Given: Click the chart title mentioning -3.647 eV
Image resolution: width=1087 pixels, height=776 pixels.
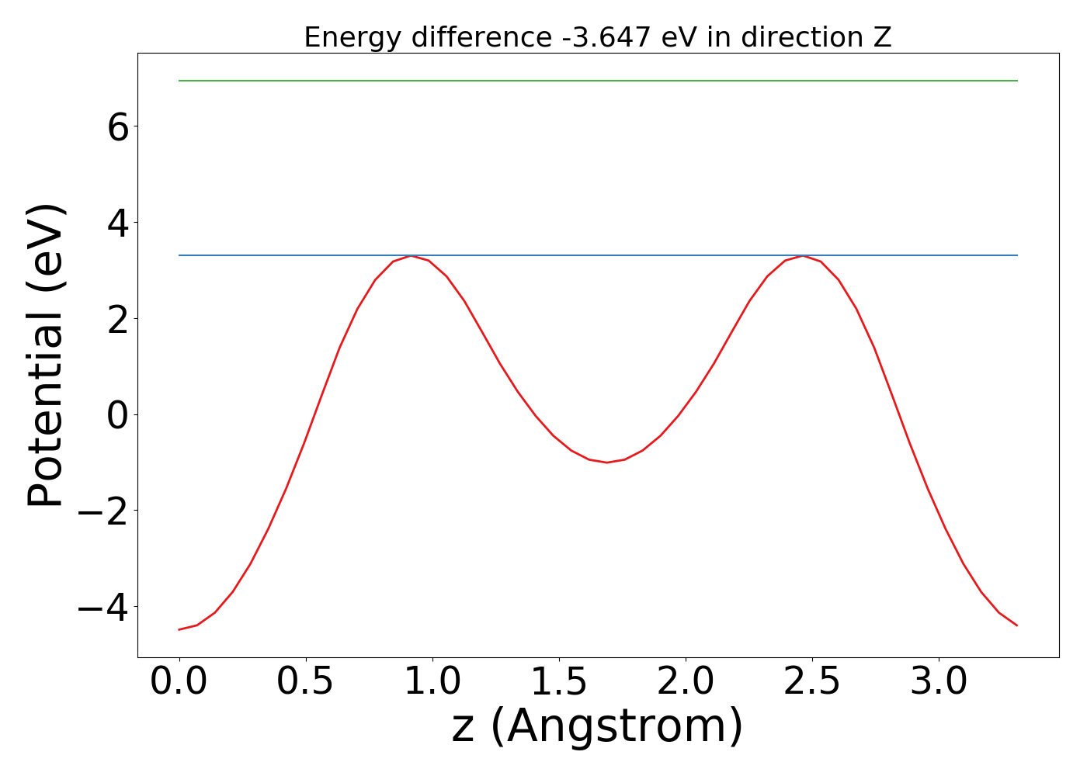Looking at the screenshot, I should click(x=597, y=37).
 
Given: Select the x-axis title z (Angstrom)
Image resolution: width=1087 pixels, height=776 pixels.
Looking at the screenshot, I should click(x=597, y=726).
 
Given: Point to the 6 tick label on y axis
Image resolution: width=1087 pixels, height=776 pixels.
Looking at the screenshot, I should click(x=118, y=127).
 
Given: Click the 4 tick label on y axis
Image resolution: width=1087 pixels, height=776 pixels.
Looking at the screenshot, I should click(x=118, y=223).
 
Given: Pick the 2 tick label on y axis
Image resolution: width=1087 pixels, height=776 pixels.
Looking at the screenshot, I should click(x=118, y=319).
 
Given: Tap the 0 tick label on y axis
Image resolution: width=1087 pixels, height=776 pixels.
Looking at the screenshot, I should click(x=118, y=415).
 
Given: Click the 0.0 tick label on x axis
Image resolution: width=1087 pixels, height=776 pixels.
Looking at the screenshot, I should click(x=179, y=682).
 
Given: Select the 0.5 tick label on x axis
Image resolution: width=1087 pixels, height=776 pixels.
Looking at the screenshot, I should click(x=306, y=682).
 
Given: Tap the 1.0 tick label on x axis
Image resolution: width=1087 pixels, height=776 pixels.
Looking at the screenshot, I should click(x=432, y=682).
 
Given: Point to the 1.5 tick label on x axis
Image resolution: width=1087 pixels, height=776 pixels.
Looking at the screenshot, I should click(x=559, y=682).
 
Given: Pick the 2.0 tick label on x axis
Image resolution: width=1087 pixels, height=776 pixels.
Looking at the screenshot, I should click(x=686, y=682).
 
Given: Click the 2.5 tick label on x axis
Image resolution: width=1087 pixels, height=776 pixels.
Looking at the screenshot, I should click(x=812, y=682).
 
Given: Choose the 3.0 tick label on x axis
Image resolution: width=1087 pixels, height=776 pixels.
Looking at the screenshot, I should click(x=939, y=682).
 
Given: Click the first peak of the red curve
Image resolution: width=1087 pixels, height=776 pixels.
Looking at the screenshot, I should click(x=411, y=256).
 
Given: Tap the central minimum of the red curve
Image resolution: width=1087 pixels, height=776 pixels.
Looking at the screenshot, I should click(x=606, y=462).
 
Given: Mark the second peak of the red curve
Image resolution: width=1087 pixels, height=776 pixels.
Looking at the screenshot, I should click(x=803, y=256).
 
